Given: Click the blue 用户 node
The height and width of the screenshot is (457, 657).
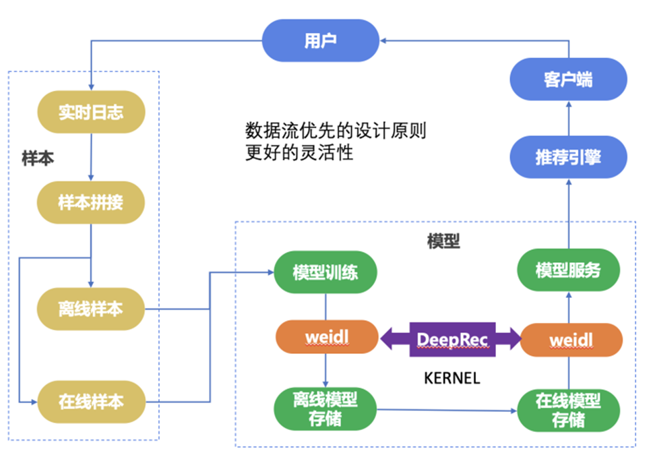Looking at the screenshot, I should [320, 41].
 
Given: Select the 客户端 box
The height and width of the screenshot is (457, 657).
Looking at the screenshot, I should [567, 80].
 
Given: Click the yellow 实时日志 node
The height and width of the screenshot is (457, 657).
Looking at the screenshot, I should [90, 112].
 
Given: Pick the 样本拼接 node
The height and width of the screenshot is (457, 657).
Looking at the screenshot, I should [90, 202].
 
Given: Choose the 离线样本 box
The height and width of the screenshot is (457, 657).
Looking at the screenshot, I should [90, 309].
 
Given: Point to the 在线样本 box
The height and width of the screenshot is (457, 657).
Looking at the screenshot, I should [90, 402].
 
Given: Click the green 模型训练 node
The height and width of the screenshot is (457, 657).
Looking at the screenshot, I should [325, 272].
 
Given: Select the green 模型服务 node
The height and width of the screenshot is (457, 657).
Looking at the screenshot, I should [567, 271].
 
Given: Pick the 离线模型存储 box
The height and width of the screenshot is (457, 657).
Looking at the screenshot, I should [325, 409].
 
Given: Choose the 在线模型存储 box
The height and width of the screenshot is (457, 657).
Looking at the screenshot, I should [567, 409].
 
